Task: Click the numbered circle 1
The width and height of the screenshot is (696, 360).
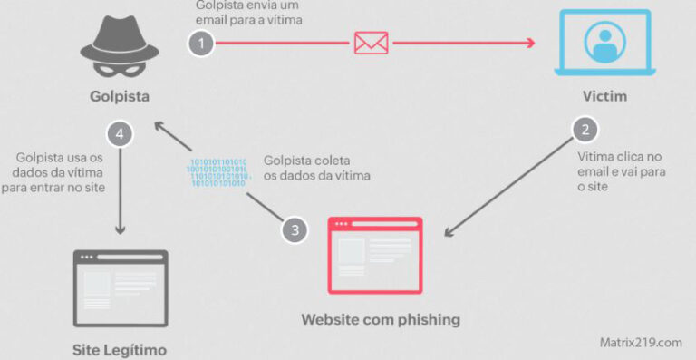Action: click(201, 43)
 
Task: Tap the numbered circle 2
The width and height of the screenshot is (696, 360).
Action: click(585, 130)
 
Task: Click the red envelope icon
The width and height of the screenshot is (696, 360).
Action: click(371, 42)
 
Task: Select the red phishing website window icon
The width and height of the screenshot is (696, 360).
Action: click(374, 256)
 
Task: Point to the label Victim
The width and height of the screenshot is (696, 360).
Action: click(604, 96)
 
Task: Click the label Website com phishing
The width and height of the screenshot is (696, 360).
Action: click(381, 319)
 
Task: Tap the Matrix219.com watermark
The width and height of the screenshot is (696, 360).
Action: click(640, 342)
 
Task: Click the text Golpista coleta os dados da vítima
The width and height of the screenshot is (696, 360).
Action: click(317, 167)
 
